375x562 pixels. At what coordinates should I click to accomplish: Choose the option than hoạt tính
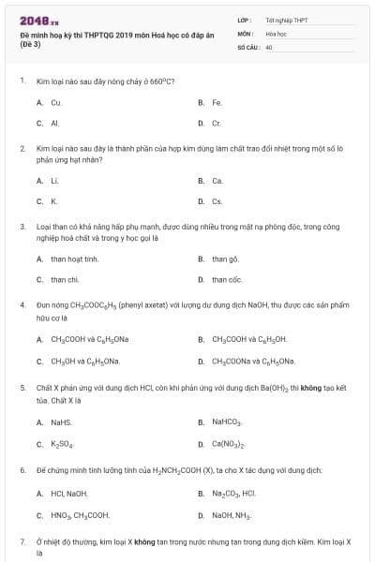click(x=74, y=259)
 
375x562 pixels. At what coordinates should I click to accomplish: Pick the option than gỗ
click(x=225, y=259)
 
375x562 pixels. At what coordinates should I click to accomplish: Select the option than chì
click(x=65, y=279)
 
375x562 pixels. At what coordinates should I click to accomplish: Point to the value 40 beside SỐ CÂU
click(x=269, y=47)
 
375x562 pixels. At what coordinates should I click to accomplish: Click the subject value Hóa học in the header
click(x=275, y=33)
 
